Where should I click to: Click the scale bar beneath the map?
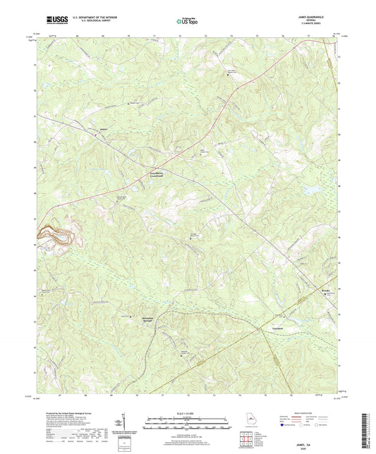point(188,421)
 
